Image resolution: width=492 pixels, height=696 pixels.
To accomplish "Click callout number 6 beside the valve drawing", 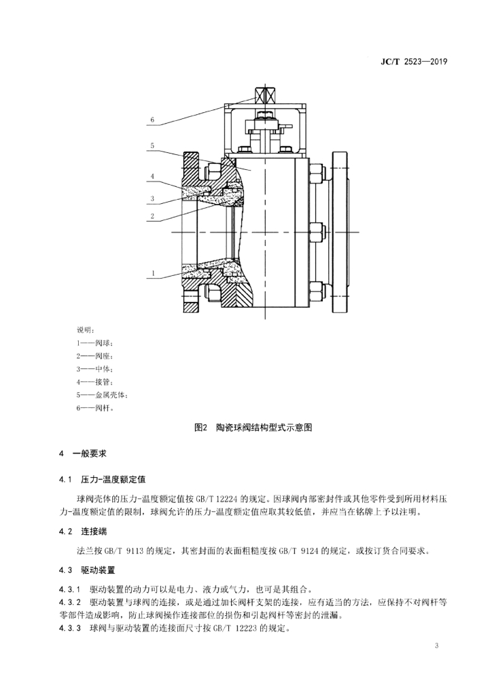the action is click(x=152, y=120).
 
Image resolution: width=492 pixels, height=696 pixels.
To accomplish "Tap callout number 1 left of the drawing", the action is click(x=152, y=273).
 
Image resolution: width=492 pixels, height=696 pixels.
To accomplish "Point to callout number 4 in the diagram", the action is click(x=152, y=176).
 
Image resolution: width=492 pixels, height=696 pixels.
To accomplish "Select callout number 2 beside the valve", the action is click(x=152, y=216).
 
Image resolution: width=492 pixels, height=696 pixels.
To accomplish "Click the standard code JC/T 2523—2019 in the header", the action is click(x=413, y=62).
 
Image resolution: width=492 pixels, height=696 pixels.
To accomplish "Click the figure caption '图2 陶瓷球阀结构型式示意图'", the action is click(x=253, y=428).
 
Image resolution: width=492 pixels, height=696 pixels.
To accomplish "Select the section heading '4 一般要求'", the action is click(x=83, y=453).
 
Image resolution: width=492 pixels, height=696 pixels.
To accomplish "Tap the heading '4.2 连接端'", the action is click(x=83, y=532).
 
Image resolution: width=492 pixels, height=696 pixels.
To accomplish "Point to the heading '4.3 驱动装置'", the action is click(x=87, y=570).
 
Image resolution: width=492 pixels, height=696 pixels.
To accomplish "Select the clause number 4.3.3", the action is click(x=70, y=629).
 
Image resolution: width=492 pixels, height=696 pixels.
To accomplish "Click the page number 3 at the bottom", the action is click(x=436, y=646).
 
